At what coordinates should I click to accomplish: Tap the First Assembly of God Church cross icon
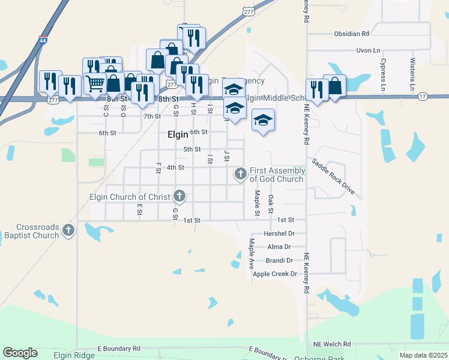tap(240, 174)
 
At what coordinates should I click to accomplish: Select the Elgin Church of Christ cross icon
tap(179, 196)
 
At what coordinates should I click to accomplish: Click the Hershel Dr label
tap(279, 233)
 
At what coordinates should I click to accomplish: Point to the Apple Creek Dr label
tap(275, 274)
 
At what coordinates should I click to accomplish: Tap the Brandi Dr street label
tap(279, 260)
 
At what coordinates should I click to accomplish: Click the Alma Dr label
tap(279, 247)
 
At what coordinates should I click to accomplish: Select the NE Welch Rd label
tap(332, 344)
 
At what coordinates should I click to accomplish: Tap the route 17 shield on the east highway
tap(423, 96)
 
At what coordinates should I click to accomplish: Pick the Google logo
tap(20, 353)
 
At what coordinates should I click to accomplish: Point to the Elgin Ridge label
tap(74, 356)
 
